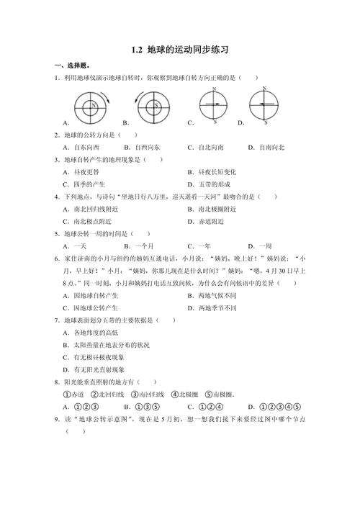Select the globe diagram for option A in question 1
tap(93, 107)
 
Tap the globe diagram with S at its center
tap(154, 107)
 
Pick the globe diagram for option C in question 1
tap(214, 107)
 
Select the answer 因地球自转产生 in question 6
tap(94, 295)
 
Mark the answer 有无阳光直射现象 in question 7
tap(99, 369)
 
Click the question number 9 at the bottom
tap(57, 419)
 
